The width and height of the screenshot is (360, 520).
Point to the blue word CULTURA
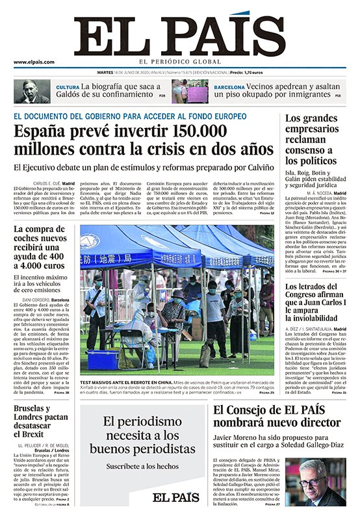click(68, 87)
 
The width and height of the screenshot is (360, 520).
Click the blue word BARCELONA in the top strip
click(229, 87)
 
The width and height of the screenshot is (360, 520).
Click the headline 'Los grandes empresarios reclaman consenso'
click(312, 139)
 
